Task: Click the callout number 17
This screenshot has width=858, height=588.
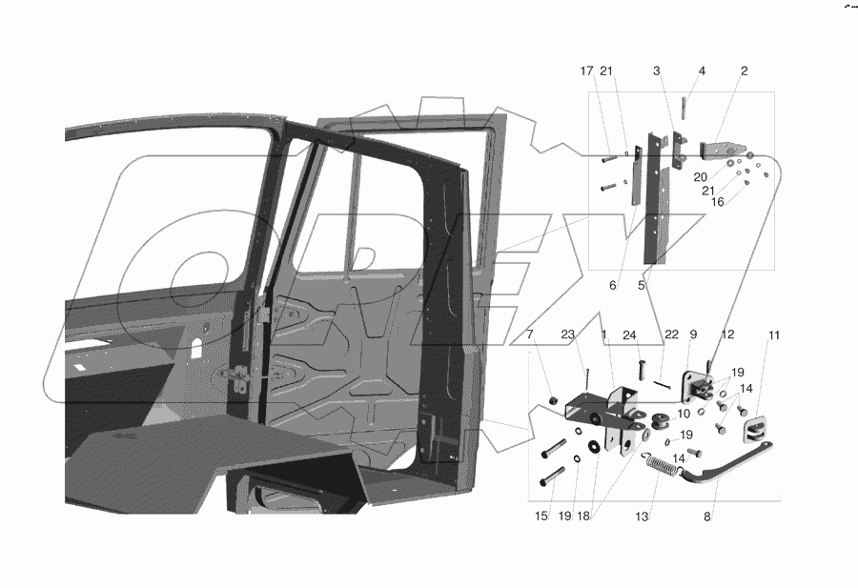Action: (x=586, y=71)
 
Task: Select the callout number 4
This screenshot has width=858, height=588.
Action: (x=702, y=71)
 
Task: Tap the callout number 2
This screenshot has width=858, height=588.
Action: (x=745, y=71)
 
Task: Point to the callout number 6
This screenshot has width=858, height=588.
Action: (x=614, y=285)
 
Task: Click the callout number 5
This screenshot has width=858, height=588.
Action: (x=641, y=285)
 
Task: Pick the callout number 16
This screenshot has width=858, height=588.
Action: (x=717, y=202)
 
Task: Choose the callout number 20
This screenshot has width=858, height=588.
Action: (x=701, y=176)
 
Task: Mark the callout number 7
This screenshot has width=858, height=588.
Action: (x=530, y=335)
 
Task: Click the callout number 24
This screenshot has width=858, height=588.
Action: (x=629, y=335)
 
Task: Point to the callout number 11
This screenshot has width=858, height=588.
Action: (x=774, y=335)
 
